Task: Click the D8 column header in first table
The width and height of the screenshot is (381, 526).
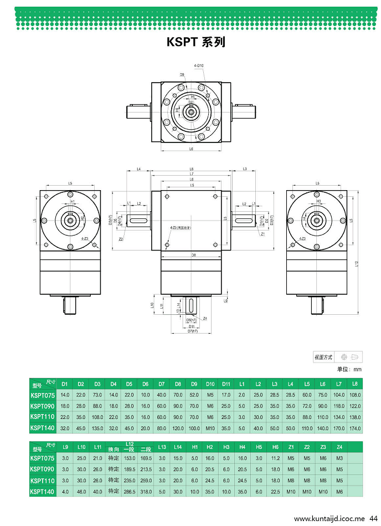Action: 178,384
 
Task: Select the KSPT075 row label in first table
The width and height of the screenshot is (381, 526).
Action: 42,395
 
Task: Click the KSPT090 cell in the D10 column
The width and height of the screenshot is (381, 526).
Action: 210,406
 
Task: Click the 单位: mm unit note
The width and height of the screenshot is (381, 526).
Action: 349,369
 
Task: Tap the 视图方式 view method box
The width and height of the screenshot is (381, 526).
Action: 337,357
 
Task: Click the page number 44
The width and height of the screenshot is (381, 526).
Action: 373,519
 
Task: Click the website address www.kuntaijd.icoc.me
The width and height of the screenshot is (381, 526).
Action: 329,519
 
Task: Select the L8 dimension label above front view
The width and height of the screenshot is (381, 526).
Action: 191,168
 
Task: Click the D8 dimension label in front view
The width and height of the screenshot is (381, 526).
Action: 193,255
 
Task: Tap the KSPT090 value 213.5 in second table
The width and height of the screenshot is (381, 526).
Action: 146,469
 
